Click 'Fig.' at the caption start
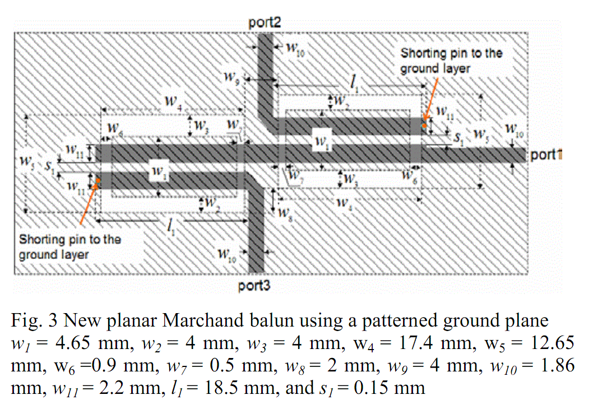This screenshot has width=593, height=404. tap(25, 321)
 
